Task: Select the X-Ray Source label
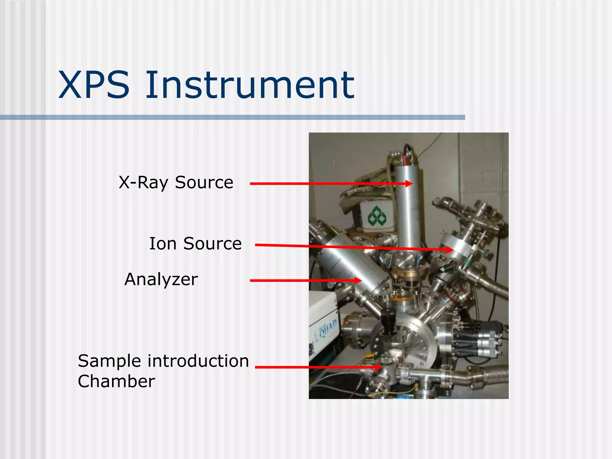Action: point(176,183)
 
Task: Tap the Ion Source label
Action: point(195,244)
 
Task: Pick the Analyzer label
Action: point(161,280)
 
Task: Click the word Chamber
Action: point(116,381)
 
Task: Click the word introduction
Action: point(198,361)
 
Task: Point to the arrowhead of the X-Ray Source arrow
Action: point(409,183)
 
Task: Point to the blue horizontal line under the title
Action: point(232,117)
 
